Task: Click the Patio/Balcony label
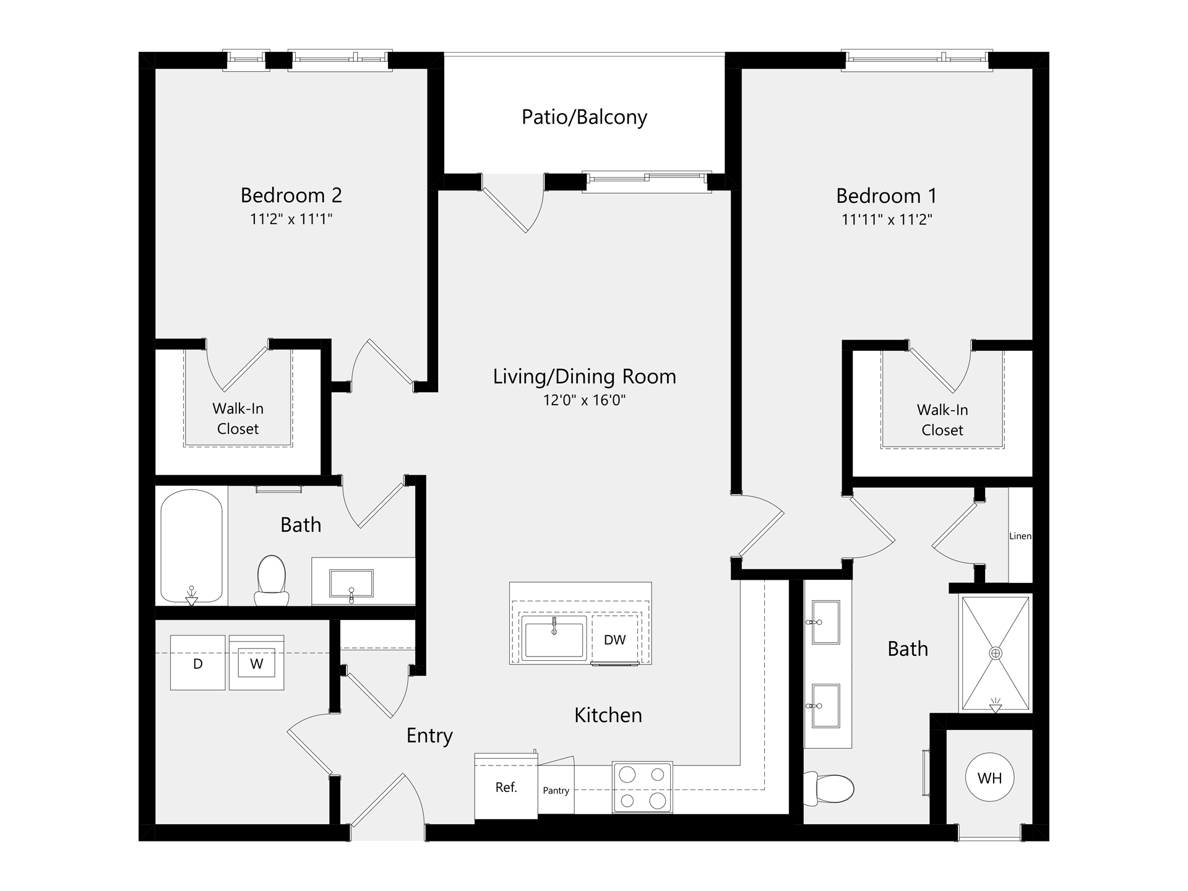tap(584, 117)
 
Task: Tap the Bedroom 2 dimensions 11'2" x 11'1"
tap(291, 219)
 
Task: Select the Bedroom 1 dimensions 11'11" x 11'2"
tap(887, 220)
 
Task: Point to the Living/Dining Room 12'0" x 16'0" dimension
tap(584, 400)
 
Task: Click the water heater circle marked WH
tap(989, 778)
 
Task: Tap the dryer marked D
tap(198, 663)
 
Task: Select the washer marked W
tap(257, 663)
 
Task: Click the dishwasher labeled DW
tap(615, 640)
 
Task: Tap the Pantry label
tap(556, 791)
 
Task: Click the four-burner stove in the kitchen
tap(642, 787)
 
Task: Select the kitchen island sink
tap(554, 638)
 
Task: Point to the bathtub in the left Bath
tap(191, 547)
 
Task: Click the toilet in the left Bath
tap(271, 580)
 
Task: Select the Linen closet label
tap(1020, 536)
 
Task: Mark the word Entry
tap(429, 736)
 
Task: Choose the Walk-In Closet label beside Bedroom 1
tap(942, 420)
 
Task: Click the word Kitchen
tap(608, 715)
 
